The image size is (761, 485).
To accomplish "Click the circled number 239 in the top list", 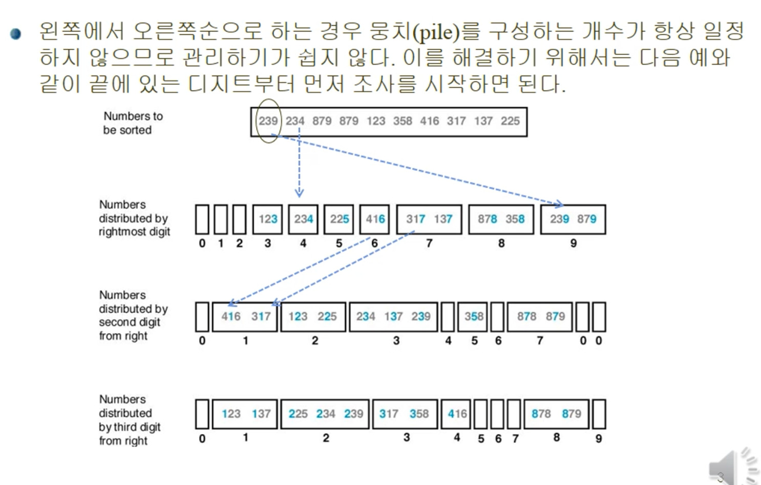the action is click(x=268, y=121).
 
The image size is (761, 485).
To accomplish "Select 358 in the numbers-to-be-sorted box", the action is click(x=403, y=121).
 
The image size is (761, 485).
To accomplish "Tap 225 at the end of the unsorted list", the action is click(x=510, y=121).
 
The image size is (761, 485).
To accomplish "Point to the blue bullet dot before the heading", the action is click(x=16, y=34).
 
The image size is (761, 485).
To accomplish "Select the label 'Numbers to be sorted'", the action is click(x=133, y=123).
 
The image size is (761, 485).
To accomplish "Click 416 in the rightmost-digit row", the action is click(x=375, y=219).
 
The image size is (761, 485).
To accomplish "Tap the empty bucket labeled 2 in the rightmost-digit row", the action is click(x=240, y=219).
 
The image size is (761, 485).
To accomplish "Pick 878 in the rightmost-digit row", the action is click(x=487, y=219).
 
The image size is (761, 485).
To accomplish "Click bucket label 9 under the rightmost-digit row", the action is click(x=574, y=243).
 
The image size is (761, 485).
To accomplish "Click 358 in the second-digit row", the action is click(x=474, y=317).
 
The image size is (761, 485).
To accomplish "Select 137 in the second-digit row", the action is click(x=393, y=317).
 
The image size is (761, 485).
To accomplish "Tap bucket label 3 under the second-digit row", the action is click(x=396, y=340).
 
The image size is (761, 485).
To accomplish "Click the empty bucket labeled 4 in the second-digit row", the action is click(x=448, y=317).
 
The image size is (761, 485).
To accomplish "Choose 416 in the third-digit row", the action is click(x=457, y=414).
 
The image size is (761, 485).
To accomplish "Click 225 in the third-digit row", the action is click(x=298, y=414).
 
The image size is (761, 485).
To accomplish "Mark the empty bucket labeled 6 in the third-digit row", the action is click(x=497, y=414).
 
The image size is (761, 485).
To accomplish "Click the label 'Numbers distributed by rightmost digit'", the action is click(x=134, y=218).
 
